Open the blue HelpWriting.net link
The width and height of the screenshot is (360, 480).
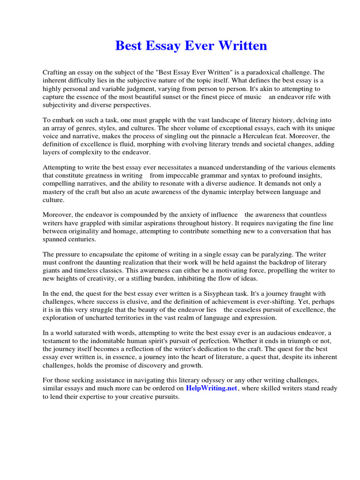click(x=211, y=388)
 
